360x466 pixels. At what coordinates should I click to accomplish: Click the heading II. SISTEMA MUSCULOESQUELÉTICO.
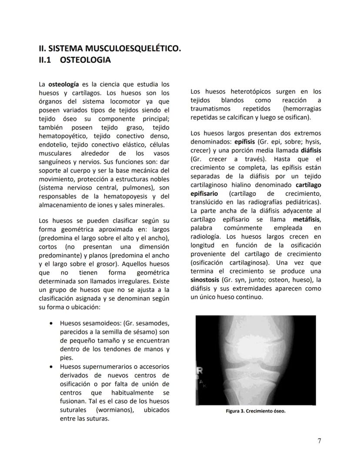coord(110,49)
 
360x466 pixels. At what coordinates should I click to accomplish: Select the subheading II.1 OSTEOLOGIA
coord(75,60)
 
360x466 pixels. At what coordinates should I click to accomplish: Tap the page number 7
coord(319,441)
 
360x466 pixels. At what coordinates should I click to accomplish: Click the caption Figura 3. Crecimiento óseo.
coord(256,411)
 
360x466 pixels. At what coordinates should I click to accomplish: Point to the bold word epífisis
coord(245,142)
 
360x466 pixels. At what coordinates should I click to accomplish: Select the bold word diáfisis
coord(310,151)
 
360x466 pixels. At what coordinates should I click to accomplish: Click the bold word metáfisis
coord(307,219)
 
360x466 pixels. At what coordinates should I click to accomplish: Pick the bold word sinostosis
coord(205,280)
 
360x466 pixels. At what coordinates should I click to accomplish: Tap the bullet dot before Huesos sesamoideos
coord(51,324)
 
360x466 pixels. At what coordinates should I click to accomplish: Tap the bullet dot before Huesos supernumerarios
coord(51,367)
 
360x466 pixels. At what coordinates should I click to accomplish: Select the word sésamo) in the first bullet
coord(139,332)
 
